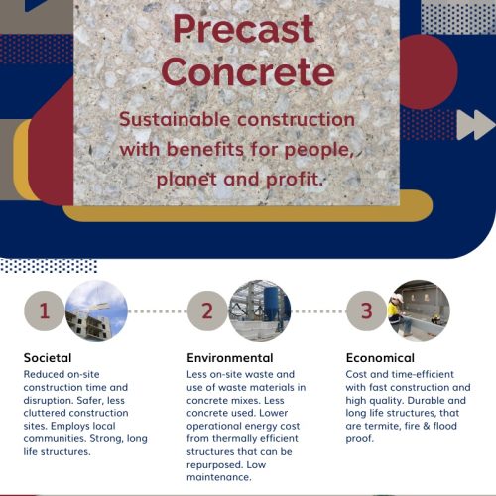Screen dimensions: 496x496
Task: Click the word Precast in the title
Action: [244, 30]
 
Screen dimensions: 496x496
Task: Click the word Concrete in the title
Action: [248, 71]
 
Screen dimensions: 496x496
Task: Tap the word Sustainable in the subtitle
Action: [175, 119]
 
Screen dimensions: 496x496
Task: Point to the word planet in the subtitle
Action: [185, 180]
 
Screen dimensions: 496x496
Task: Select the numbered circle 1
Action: [45, 310]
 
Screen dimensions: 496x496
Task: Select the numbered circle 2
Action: [207, 310]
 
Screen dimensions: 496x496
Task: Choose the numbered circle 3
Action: [366, 310]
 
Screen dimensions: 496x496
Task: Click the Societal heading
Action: [48, 358]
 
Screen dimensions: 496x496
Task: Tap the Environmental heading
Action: [230, 358]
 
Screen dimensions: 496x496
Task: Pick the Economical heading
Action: [380, 358]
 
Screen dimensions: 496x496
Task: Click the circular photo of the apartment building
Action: [96, 310]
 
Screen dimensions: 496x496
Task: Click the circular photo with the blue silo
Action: [260, 310]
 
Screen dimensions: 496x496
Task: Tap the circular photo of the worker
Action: [419, 310]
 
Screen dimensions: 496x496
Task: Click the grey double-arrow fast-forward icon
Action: [475, 125]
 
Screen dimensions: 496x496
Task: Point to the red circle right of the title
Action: [429, 71]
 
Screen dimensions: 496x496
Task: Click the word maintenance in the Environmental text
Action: [219, 477]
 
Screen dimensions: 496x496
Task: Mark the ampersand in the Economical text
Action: [427, 426]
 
